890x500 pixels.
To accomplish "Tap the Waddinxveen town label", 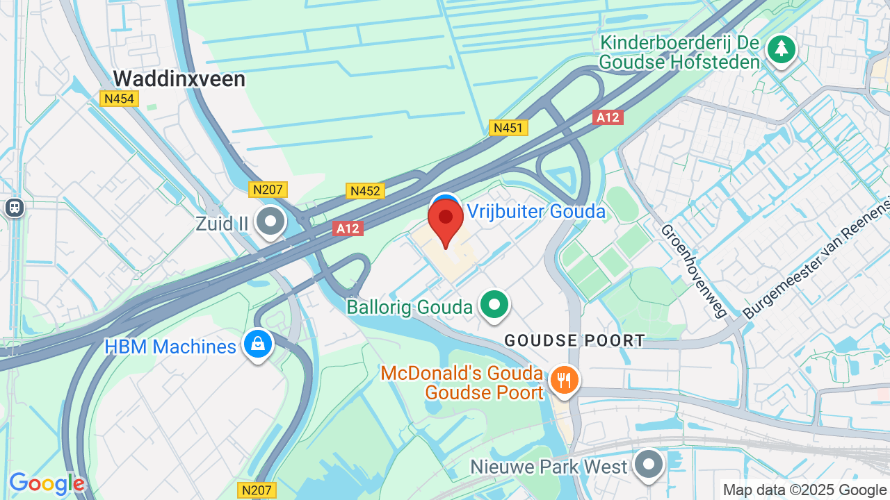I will [x=179, y=79].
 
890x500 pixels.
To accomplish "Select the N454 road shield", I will [x=120, y=99].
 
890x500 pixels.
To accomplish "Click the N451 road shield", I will [x=509, y=128].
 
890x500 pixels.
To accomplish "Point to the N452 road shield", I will [x=365, y=191].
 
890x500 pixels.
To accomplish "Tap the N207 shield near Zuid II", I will [x=268, y=190].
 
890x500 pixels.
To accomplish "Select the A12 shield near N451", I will [x=608, y=117].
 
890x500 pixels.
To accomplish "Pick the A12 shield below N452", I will [x=348, y=228].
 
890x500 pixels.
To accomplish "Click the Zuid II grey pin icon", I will [x=270, y=222].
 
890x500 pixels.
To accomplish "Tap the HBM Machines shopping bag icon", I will [x=258, y=344].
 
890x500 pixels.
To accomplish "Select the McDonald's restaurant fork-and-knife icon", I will [x=564, y=380].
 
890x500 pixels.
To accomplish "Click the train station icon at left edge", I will [x=14, y=207].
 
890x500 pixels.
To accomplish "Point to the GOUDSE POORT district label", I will [x=574, y=341].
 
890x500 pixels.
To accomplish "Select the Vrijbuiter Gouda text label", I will [x=536, y=211].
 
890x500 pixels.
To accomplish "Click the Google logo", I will [x=47, y=483].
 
